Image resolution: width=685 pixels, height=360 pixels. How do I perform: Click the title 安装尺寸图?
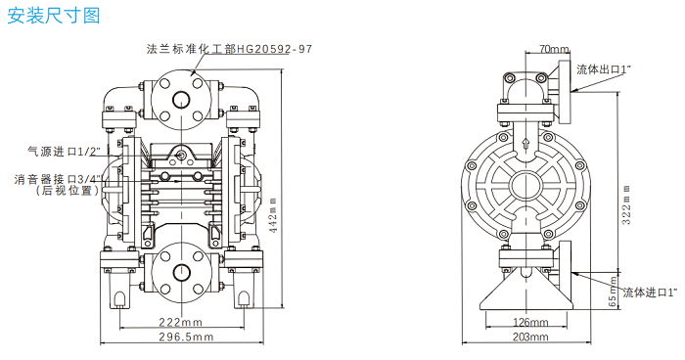pos(54,16)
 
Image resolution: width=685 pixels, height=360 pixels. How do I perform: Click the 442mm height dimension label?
pos(273,215)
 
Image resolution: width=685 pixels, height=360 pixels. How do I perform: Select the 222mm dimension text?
pos(180,323)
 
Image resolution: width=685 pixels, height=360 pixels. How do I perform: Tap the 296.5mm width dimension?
pos(186,337)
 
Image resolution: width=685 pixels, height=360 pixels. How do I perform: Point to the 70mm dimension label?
pos(554,49)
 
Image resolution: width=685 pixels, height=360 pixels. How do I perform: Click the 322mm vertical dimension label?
pos(626,204)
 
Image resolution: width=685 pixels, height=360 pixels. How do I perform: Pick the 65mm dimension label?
pos(613,292)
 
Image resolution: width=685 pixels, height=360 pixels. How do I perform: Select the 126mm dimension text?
pos(530,323)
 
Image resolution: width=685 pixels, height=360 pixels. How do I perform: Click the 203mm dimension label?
pos(530,337)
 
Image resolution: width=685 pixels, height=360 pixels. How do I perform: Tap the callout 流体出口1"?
pos(604,69)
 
